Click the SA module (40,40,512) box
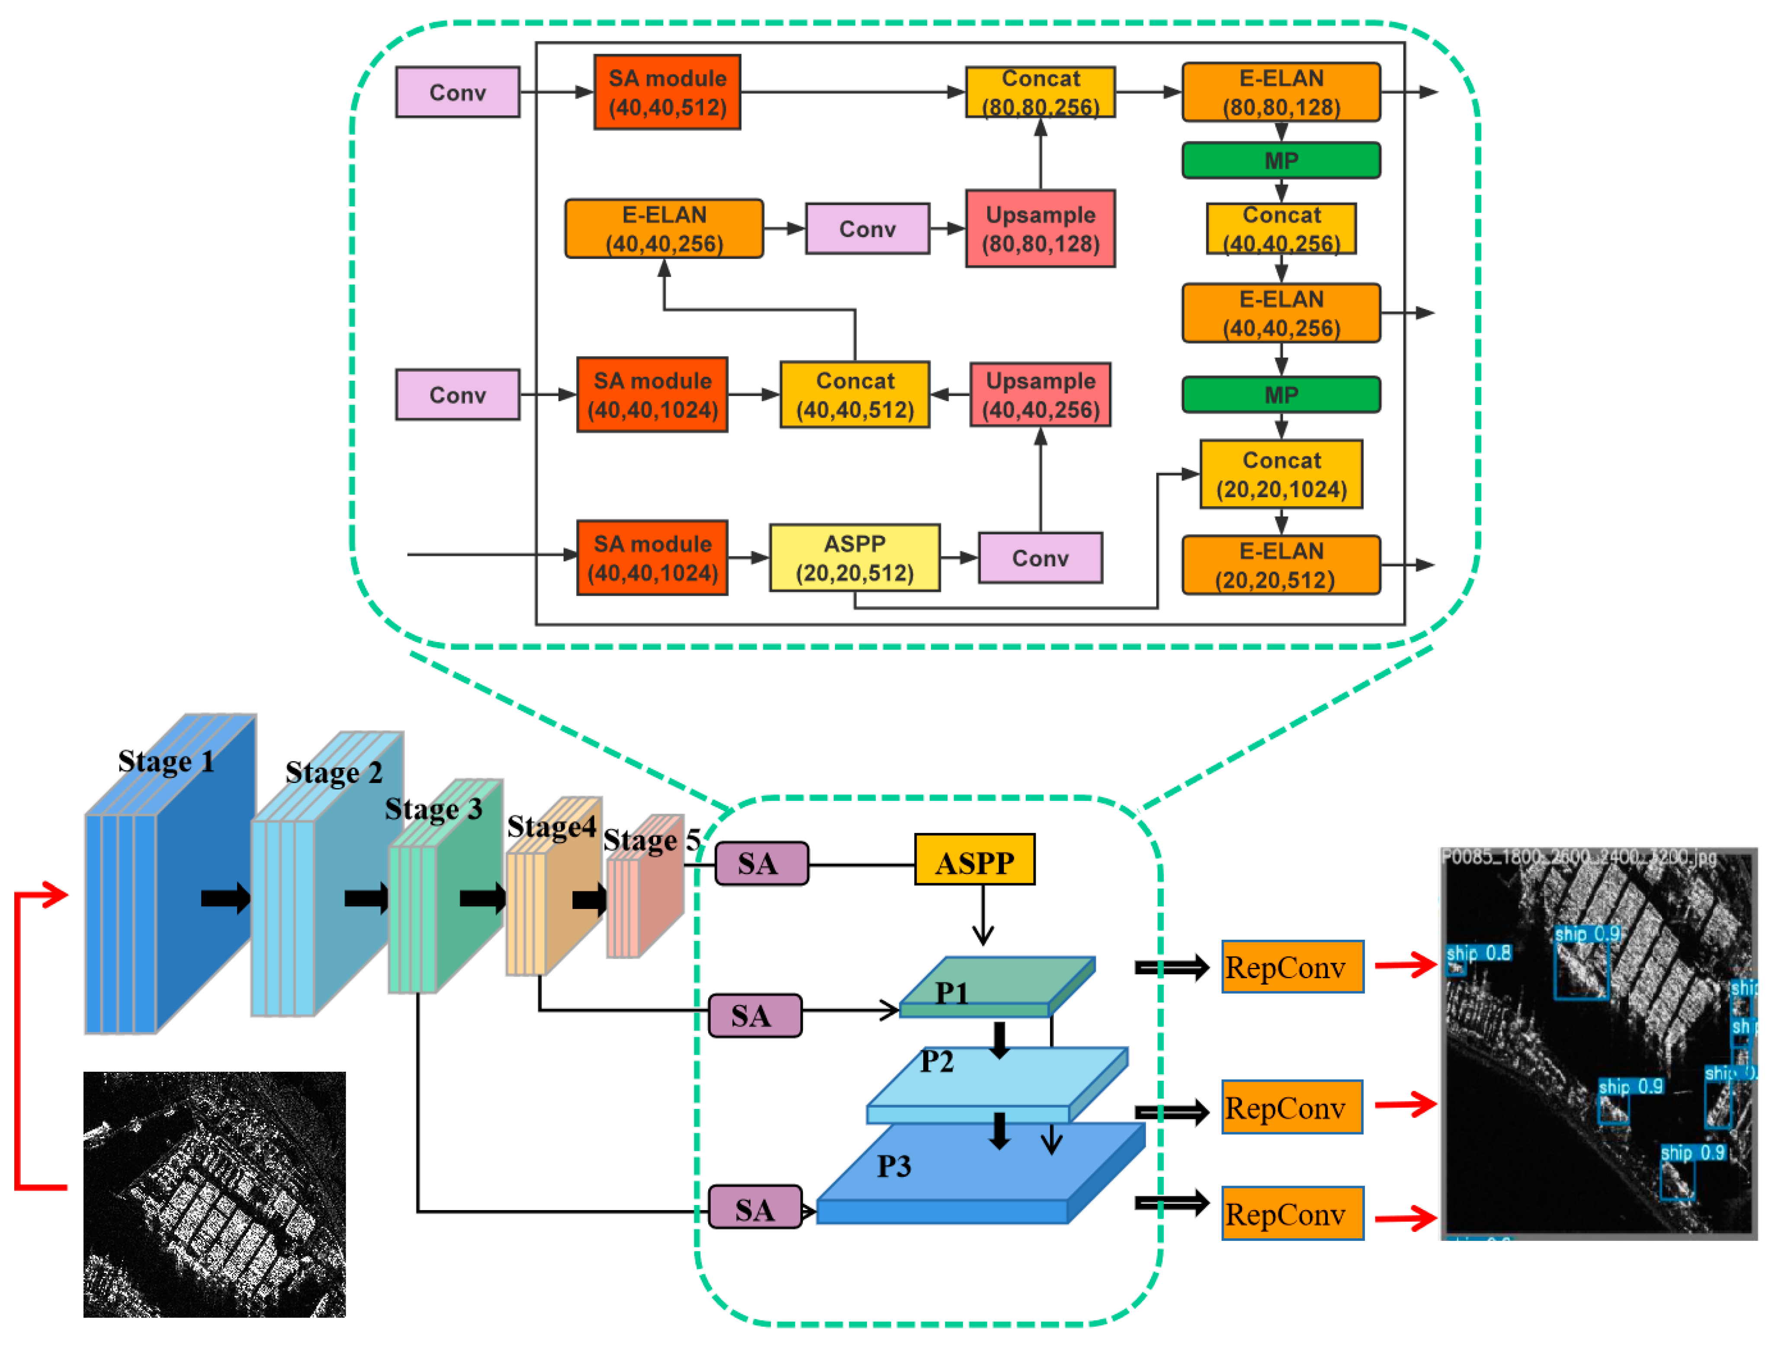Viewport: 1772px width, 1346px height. tap(667, 92)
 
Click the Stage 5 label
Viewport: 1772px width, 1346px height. tap(651, 840)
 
